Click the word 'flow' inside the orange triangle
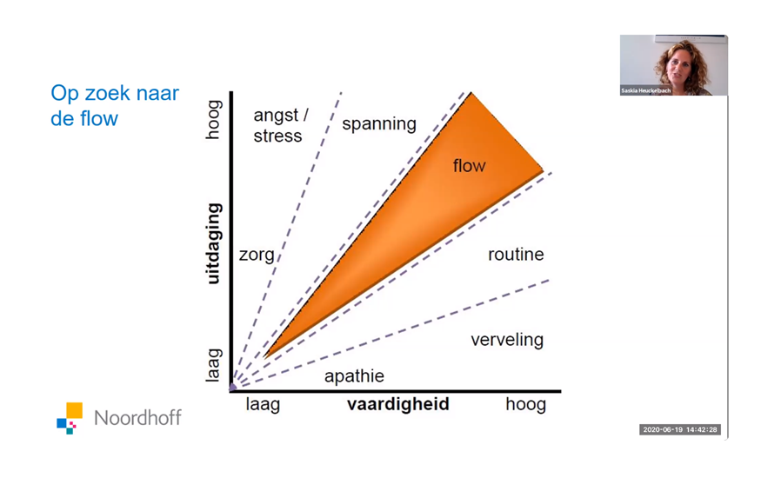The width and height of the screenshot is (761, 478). coord(469,165)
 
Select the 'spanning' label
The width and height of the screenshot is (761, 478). coord(379,124)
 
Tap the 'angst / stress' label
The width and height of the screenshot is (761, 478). coord(281,125)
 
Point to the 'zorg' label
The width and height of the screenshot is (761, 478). coord(257,255)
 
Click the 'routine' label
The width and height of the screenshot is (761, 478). coord(516,254)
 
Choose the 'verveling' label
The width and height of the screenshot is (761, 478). coord(507,339)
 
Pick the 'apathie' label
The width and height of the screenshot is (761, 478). coord(354,376)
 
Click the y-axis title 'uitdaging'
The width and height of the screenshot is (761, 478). coord(214,243)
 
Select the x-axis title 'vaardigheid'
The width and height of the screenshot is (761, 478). coord(398,404)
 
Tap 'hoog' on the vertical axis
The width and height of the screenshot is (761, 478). coord(214,120)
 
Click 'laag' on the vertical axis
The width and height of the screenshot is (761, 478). coord(214,365)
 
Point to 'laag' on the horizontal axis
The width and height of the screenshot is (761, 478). coord(263,404)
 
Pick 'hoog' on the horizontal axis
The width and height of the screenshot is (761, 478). coord(525,404)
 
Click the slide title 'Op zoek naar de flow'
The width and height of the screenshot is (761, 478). coord(115,106)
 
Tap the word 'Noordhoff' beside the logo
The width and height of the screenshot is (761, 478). coord(137,417)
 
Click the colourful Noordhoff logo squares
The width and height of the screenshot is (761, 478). coord(70,418)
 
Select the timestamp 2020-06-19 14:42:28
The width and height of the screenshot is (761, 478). coord(679,429)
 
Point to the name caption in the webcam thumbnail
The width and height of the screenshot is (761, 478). coord(646,90)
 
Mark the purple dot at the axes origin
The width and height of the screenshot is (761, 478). coord(233,387)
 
